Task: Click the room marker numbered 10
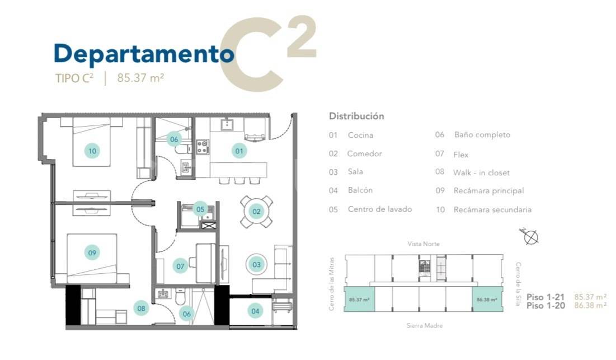click(x=92, y=151)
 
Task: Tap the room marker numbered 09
click(x=92, y=253)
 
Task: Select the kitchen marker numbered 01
click(x=239, y=151)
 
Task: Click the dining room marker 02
click(x=257, y=212)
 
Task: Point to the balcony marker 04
click(x=255, y=311)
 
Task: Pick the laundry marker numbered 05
click(x=200, y=209)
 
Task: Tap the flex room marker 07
click(x=180, y=266)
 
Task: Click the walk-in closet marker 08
click(x=142, y=308)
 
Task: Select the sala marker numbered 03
click(x=257, y=264)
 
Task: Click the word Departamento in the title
click(x=144, y=54)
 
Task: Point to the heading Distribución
click(x=356, y=116)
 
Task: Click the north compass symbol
click(x=529, y=236)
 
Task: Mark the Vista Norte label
click(x=424, y=244)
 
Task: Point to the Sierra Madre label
click(x=425, y=325)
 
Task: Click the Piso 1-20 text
click(x=546, y=305)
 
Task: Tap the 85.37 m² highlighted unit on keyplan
click(x=359, y=300)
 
